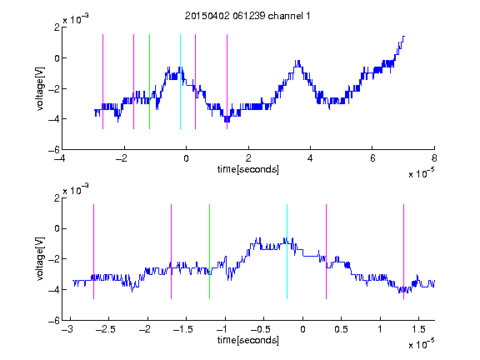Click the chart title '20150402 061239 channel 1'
tap(247, 16)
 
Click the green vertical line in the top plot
tap(149, 82)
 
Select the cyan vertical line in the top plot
tap(180, 82)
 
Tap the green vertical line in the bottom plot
tap(209, 252)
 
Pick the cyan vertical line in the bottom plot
tap(287, 252)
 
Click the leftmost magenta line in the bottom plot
tap(93, 252)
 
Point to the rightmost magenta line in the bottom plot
tap(403, 252)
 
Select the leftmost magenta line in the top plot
tap(102, 82)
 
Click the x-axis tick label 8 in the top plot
tap(434, 158)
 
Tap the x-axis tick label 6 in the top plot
tap(372, 158)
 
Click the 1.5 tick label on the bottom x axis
tap(418, 329)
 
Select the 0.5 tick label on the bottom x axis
tap(341, 329)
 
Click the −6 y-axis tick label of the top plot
tap(54, 150)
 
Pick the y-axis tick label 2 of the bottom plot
tap(57, 198)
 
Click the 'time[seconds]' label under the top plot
tap(248, 169)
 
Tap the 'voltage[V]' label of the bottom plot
tap(40, 258)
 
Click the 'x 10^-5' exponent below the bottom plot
tap(421, 344)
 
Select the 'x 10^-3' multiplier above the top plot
tap(76, 19)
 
